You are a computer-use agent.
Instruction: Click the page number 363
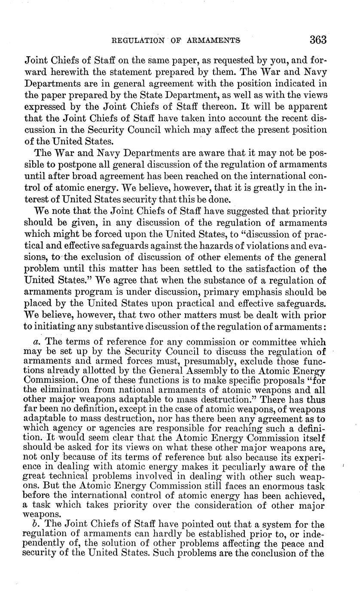(318, 40)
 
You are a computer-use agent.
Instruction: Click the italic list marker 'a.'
(37, 330)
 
